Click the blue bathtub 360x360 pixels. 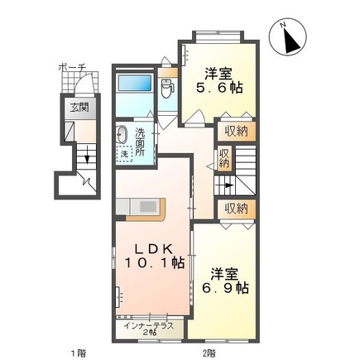coord(135,84)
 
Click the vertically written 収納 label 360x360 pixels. coord(223,157)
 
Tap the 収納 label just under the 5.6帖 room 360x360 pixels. coord(236,130)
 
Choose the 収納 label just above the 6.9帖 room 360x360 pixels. coord(236,207)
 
